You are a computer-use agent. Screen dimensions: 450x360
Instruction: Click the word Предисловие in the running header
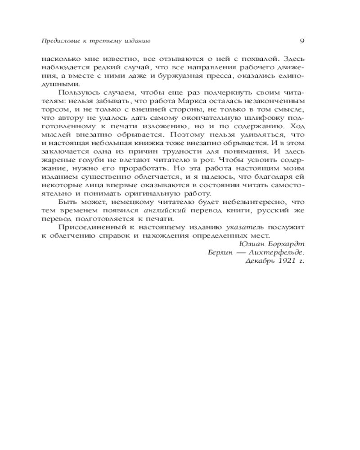pos(53,41)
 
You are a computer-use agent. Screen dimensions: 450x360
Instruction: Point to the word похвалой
pos(235,58)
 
